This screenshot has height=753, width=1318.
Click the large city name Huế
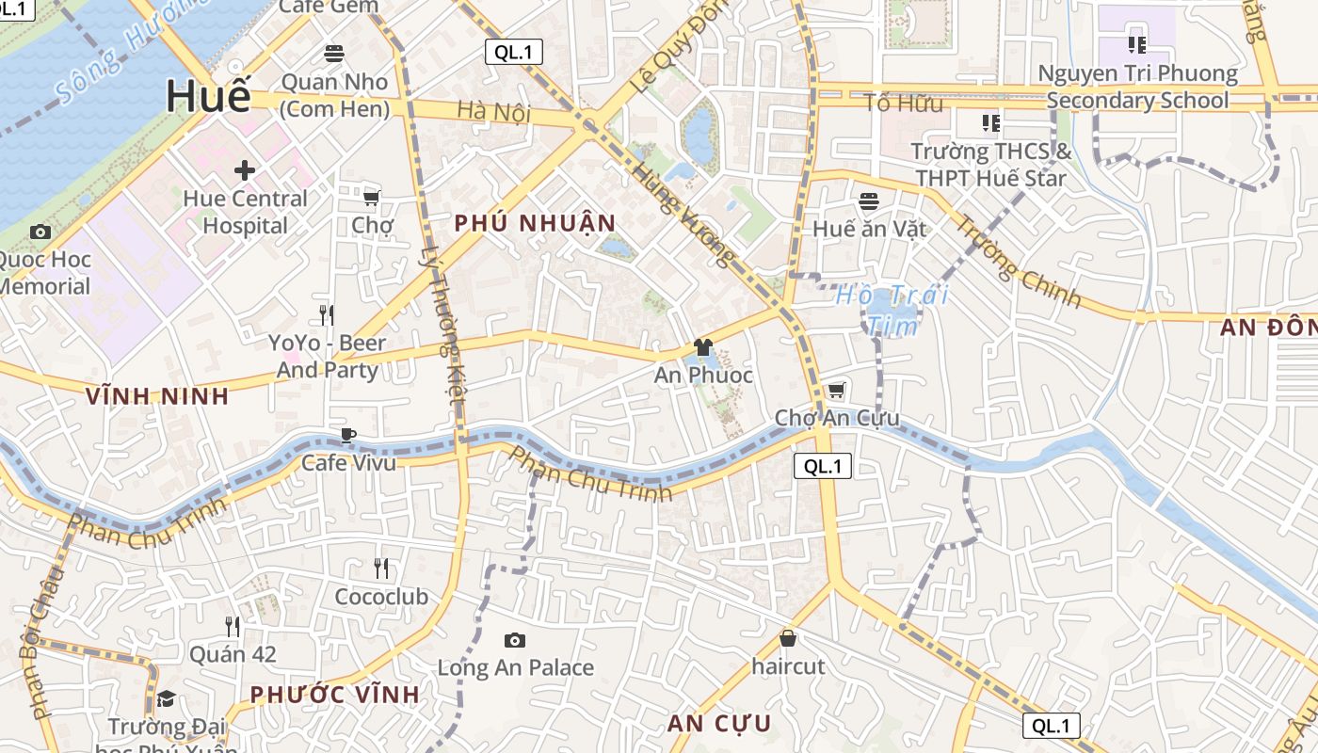tap(209, 97)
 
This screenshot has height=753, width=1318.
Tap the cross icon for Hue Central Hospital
tap(245, 170)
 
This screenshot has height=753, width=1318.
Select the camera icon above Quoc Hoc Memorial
tap(40, 232)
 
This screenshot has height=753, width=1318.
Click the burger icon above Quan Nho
tap(334, 53)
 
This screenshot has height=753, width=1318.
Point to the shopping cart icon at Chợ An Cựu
tap(836, 390)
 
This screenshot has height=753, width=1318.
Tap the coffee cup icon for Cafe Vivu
tap(348, 435)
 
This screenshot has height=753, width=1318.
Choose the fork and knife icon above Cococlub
tap(381, 569)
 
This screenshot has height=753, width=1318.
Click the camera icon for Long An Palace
tap(515, 640)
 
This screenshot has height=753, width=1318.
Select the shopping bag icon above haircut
tap(788, 638)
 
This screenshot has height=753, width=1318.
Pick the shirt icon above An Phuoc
tap(703, 347)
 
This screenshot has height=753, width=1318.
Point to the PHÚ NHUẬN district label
tap(535, 223)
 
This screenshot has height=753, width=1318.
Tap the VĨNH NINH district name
tap(157, 396)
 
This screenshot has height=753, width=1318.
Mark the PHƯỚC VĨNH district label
tap(334, 695)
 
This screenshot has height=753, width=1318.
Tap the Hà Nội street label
tap(493, 112)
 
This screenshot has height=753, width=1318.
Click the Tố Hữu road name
tap(903, 104)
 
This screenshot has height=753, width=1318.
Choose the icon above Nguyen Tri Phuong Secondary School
tap(1137, 44)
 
